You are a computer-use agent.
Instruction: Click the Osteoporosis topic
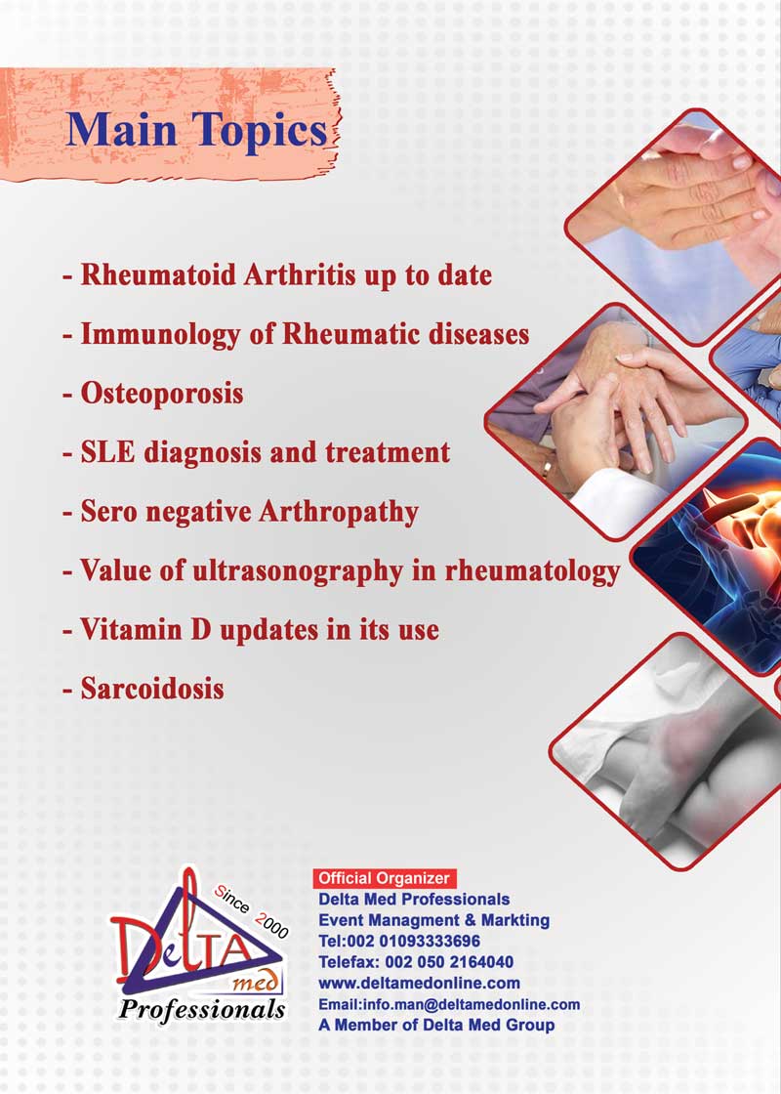[x=162, y=394]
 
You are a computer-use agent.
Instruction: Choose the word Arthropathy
[x=338, y=513]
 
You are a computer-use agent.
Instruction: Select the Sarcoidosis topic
[x=152, y=690]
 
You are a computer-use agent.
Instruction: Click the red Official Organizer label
[x=385, y=878]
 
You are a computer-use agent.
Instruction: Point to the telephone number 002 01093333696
[x=423, y=942]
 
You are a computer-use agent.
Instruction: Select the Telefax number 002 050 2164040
[x=449, y=962]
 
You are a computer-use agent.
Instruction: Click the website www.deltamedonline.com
[x=419, y=984]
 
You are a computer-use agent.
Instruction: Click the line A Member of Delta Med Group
[x=436, y=1026]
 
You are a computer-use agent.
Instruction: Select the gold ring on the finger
[x=547, y=469]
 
